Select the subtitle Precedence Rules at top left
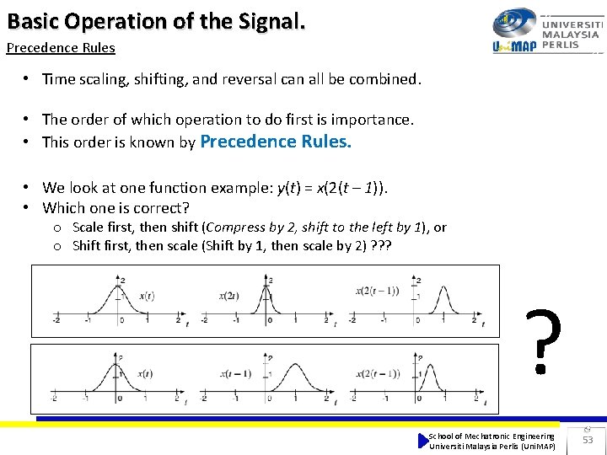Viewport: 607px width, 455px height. [x=61, y=48]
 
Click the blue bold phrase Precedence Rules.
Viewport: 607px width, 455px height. [x=275, y=142]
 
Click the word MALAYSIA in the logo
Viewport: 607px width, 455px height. [x=571, y=35]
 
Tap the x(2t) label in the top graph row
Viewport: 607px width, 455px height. [x=230, y=296]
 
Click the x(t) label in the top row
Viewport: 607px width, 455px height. [x=146, y=296]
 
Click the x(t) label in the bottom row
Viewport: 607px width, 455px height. [x=144, y=373]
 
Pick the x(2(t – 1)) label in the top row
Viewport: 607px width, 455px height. [x=379, y=292]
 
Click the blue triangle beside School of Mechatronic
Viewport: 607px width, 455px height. [x=423, y=440]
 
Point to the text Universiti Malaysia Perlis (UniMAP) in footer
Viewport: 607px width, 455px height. [x=492, y=446]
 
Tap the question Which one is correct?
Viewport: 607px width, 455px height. [x=115, y=207]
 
